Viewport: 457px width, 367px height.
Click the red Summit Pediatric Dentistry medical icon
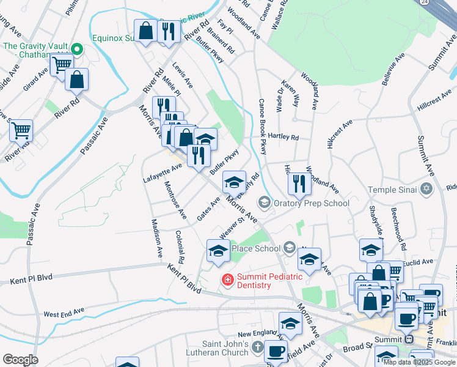(x=227, y=280)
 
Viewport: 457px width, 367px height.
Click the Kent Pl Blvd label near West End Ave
(x=30, y=281)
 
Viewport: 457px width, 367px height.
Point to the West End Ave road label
(x=64, y=313)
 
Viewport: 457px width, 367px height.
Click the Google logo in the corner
(x=20, y=360)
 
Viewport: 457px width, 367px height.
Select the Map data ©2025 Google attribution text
(x=419, y=362)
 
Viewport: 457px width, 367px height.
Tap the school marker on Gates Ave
(x=234, y=181)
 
